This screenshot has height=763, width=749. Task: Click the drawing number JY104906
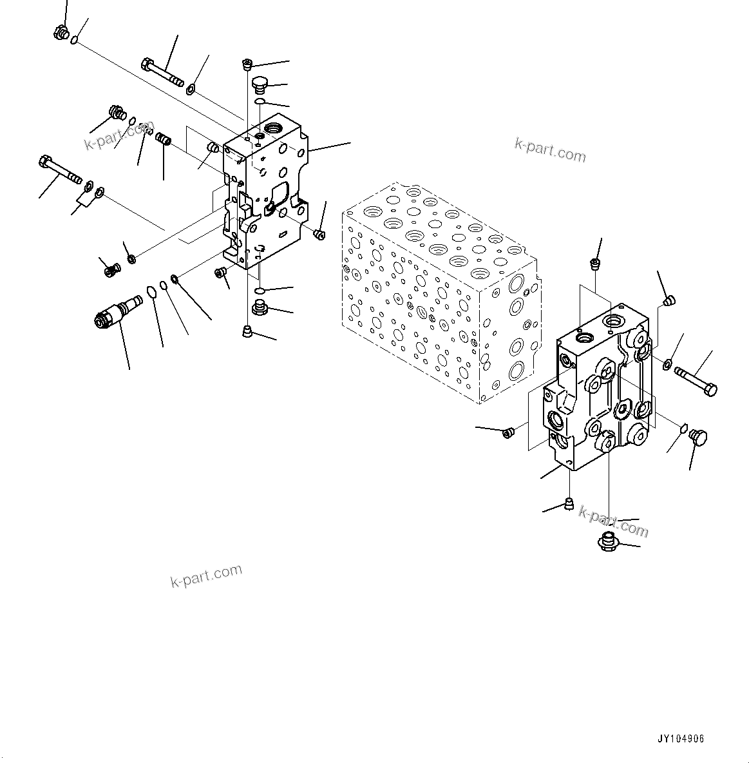(681, 739)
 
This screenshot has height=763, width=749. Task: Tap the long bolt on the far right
(696, 380)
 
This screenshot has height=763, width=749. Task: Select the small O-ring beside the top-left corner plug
(75, 41)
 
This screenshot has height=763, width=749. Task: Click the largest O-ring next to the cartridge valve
(151, 292)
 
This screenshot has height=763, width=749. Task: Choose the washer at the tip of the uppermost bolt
(191, 88)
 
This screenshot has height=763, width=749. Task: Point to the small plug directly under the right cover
(568, 503)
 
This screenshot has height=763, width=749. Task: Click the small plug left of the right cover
(507, 432)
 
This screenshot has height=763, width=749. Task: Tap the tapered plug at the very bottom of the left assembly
(247, 331)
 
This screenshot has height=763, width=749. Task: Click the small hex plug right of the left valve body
(318, 233)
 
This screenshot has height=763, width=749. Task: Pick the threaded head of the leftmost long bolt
(46, 161)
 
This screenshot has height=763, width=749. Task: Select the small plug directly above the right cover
(594, 263)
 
